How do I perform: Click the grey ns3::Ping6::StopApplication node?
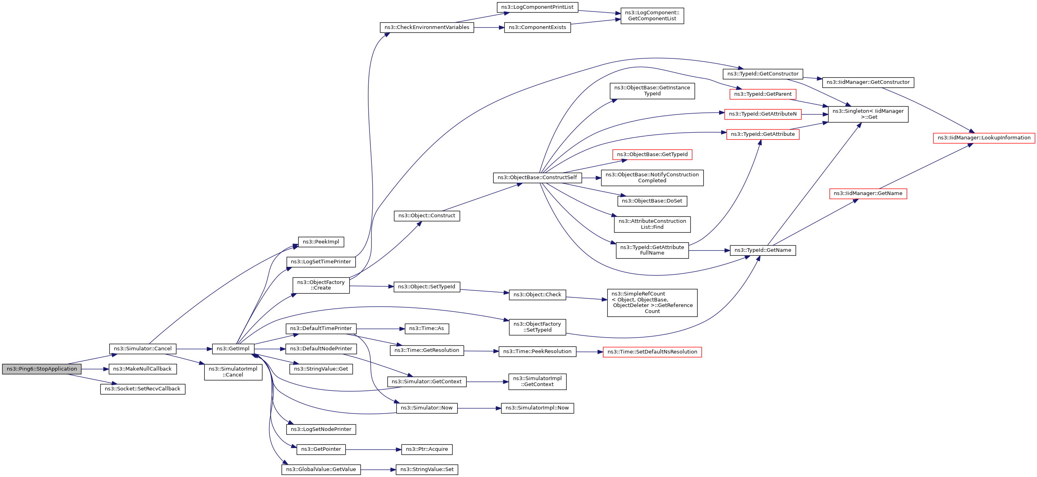[x=41, y=369]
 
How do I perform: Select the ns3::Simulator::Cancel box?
[x=142, y=349]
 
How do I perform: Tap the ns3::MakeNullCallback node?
[x=142, y=369]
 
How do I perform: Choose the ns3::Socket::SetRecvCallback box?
[x=142, y=389]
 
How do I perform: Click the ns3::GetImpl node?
[x=233, y=349]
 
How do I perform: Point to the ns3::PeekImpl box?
[x=321, y=242]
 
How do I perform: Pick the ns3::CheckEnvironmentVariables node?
[x=427, y=27]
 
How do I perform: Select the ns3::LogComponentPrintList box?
[x=537, y=7]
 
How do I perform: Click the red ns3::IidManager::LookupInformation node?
[x=984, y=138]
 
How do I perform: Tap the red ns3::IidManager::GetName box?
[x=868, y=194]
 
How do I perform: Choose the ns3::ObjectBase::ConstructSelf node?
[x=537, y=178]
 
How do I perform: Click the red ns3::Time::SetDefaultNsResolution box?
[x=652, y=352]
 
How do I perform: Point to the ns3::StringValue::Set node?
[x=427, y=470]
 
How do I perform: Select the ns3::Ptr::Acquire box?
[x=427, y=450]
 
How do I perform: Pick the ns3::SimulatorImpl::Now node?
[x=537, y=408]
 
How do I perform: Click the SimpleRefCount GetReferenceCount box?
[x=652, y=303]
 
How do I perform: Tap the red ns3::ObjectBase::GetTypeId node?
[x=652, y=155]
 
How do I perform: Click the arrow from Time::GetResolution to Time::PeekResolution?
[x=481, y=351]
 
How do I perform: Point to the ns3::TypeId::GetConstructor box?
[x=762, y=74]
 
